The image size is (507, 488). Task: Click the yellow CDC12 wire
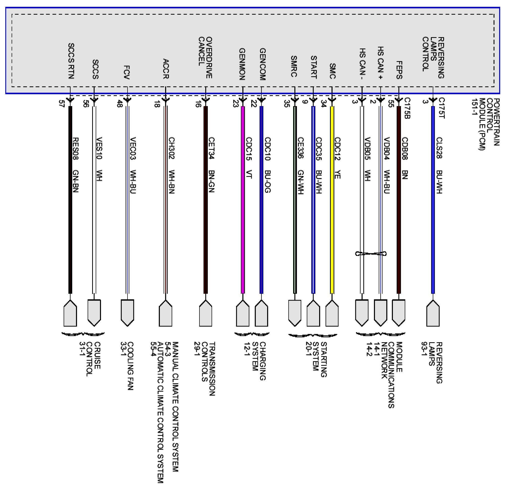point(332,207)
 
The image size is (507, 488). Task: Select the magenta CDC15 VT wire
point(243,207)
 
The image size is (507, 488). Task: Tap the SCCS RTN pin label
point(71,61)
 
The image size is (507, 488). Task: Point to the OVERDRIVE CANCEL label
point(205,57)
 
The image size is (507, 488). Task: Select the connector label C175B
point(407,108)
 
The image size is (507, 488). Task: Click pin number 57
point(62,104)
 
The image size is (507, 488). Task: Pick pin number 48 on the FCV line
point(119,104)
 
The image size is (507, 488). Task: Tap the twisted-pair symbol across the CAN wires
point(371,254)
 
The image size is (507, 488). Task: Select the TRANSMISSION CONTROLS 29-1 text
point(205,369)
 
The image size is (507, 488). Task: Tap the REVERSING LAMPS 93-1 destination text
point(432,362)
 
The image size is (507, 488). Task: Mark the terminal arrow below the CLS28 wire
point(433,313)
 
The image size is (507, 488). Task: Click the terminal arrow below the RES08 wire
point(70,313)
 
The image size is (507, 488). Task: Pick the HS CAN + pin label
point(380,63)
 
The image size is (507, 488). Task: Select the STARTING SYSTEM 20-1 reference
point(316,359)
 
